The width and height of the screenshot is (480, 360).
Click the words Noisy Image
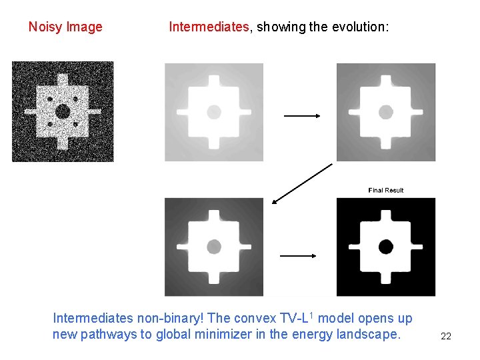click(65, 27)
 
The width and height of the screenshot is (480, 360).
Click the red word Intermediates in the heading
click(208, 27)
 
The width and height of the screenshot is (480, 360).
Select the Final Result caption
click(386, 191)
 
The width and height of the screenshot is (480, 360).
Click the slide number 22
click(446, 336)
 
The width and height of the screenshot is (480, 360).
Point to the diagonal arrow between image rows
click(302, 182)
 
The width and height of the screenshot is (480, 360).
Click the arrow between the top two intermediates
click(302, 116)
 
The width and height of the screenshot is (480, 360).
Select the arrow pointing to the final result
click(297, 255)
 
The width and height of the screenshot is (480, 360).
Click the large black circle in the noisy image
click(62, 111)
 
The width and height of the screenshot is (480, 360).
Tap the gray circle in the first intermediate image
click(214, 112)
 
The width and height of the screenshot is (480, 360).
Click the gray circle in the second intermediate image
click(386, 112)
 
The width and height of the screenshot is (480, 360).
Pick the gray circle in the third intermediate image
click(214, 247)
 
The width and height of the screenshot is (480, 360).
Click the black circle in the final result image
click(386, 247)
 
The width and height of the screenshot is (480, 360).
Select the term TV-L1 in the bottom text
click(299, 319)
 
